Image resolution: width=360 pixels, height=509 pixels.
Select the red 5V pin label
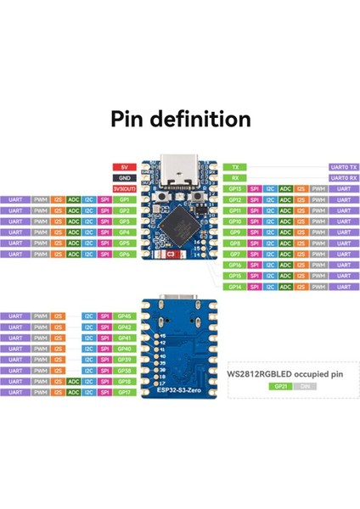(123, 167)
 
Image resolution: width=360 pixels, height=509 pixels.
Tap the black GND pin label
(123, 177)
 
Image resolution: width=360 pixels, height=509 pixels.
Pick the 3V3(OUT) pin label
(123, 188)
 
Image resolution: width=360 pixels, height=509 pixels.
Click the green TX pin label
(235, 167)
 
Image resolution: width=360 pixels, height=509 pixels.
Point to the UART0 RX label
(342, 177)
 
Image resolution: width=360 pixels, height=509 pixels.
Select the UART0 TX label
(342, 167)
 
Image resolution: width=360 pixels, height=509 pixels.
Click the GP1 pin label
(124, 199)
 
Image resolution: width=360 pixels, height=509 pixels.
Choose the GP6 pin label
(124, 254)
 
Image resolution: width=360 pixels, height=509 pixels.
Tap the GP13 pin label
(235, 188)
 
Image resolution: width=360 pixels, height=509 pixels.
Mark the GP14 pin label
(235, 287)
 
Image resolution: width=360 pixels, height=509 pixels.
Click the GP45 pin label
(124, 316)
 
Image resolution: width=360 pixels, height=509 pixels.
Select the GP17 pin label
(124, 393)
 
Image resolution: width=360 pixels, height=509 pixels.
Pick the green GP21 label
(279, 386)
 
